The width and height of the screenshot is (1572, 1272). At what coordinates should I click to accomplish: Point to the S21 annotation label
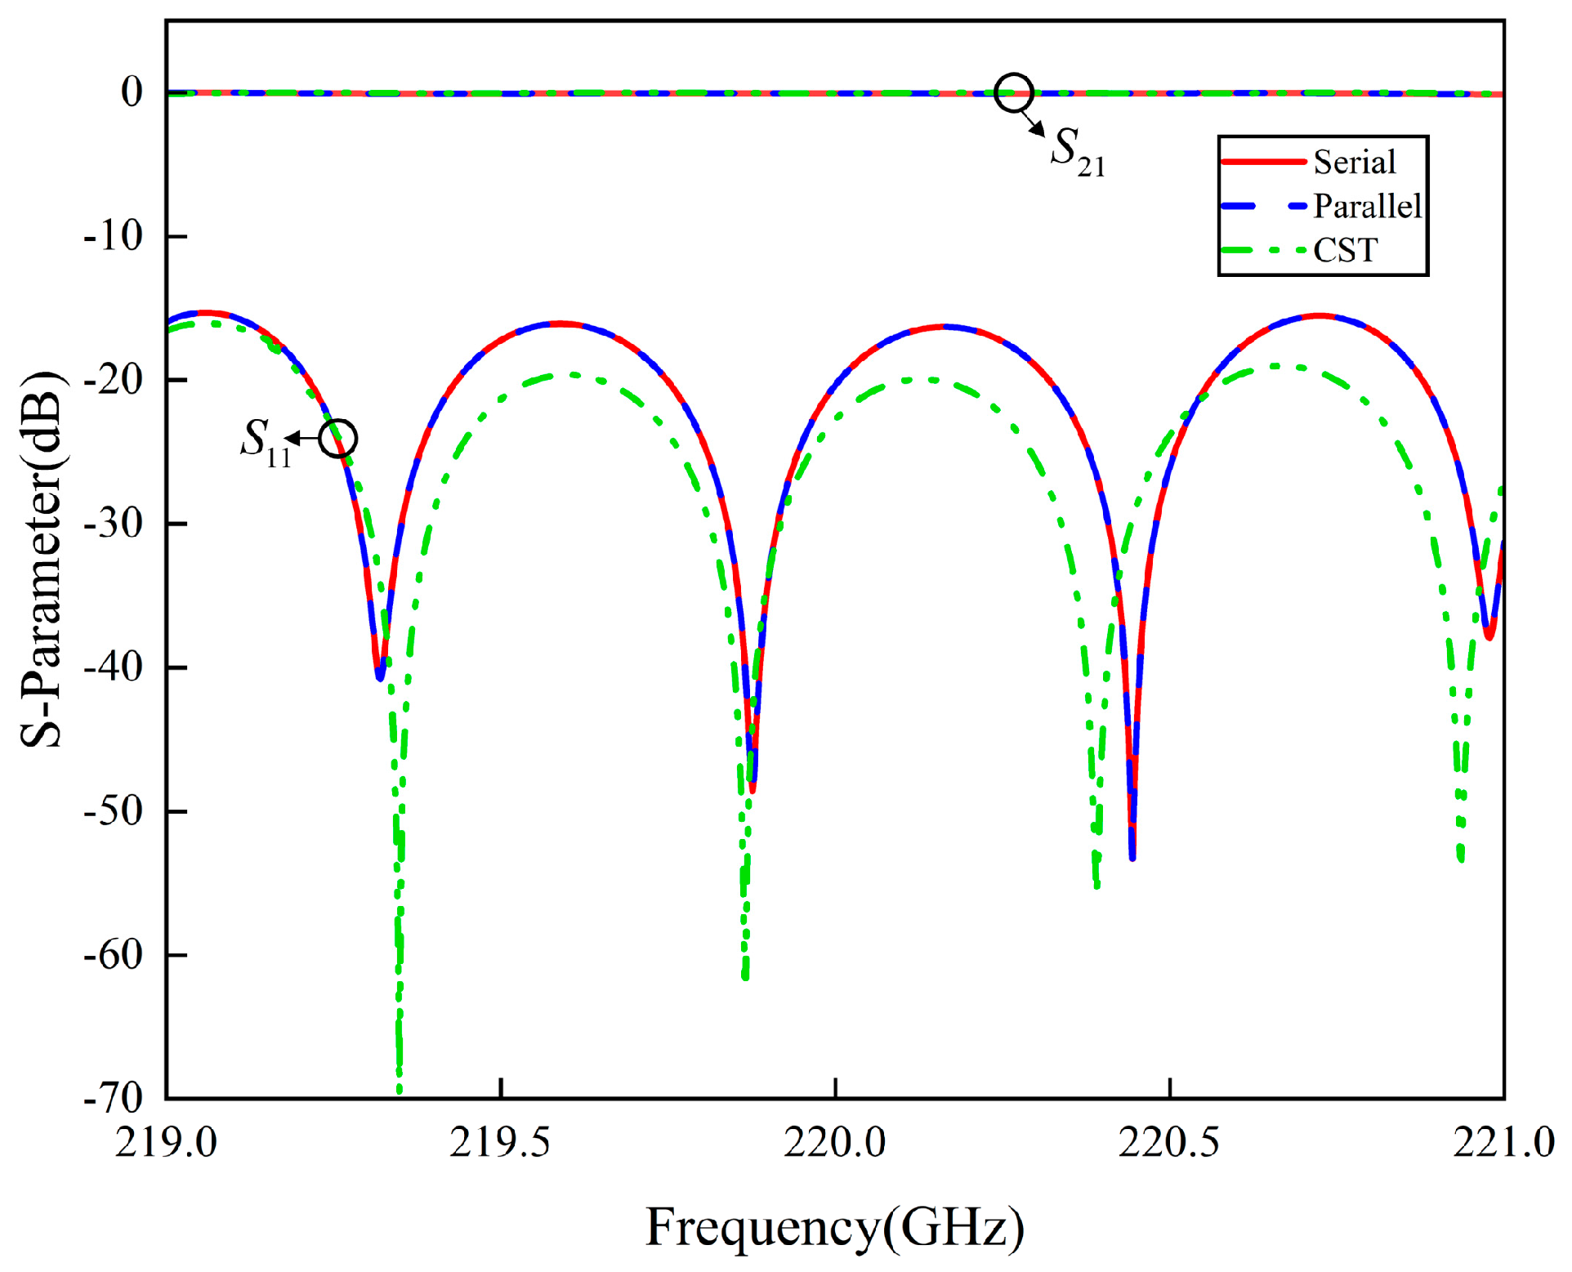(1077, 151)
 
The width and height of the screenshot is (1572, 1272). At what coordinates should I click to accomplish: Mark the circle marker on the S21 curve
(1014, 92)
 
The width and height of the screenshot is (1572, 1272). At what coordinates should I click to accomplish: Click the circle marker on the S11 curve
(337, 439)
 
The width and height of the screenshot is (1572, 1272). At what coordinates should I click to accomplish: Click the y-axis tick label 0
(132, 92)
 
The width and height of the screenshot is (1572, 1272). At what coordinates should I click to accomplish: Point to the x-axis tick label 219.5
(500, 1142)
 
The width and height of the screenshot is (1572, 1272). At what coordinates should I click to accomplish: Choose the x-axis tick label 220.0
(834, 1142)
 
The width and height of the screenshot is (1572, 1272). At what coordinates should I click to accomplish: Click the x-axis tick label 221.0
(1503, 1142)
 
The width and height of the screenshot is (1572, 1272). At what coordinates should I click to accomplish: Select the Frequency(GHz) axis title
(834, 1227)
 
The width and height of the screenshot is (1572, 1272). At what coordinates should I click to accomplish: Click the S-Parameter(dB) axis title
(41, 560)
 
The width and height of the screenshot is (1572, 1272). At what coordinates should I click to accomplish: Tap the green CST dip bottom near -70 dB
(399, 1090)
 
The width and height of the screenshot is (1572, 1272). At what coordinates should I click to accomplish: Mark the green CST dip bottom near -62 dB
(745, 977)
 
